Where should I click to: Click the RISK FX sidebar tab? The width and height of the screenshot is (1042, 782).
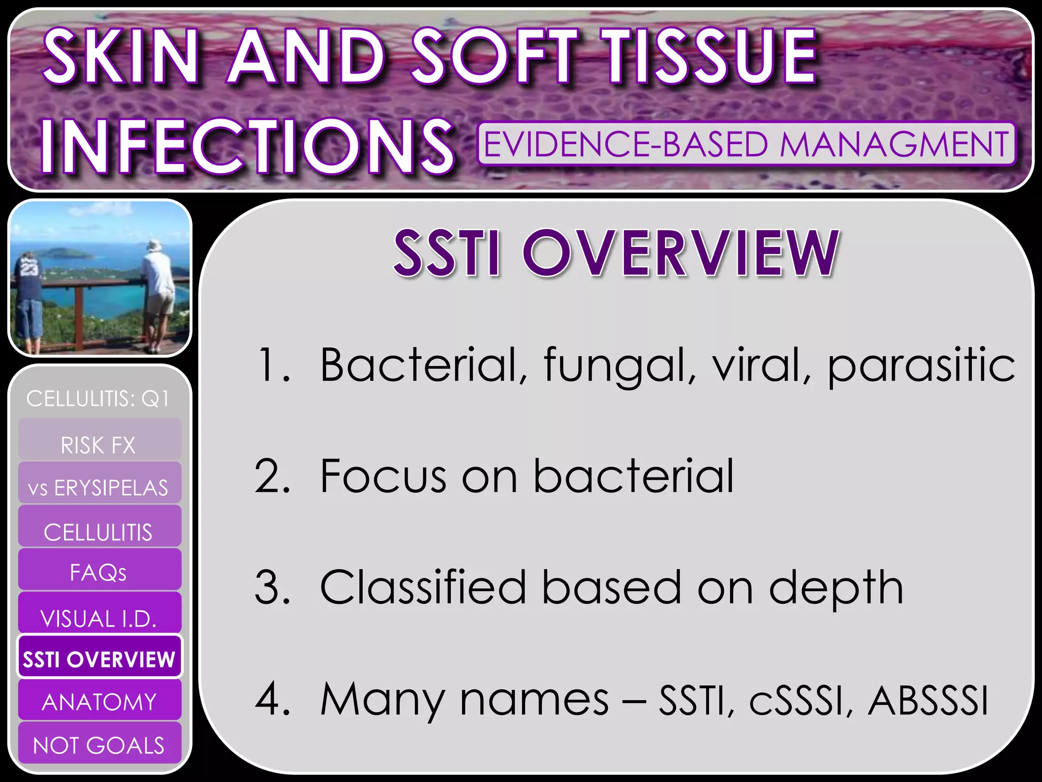click(100, 439)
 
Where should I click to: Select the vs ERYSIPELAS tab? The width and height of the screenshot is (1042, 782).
click(100, 483)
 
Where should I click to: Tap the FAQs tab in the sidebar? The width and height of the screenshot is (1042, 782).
click(100, 569)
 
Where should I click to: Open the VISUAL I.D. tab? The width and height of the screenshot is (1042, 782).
click(100, 612)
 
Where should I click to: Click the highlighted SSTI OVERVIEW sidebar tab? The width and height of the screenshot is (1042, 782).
click(100, 657)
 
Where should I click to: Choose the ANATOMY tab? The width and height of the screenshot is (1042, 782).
click(100, 700)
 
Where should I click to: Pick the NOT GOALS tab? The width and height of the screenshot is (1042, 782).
click(100, 743)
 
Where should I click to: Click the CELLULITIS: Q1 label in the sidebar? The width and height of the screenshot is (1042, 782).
click(98, 399)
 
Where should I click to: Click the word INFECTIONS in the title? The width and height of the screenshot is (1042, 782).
click(246, 146)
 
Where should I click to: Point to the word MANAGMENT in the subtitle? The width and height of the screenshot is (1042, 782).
click(894, 144)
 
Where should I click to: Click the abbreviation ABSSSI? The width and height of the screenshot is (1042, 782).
click(928, 701)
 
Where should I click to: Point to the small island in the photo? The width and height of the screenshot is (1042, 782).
click(63, 253)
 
